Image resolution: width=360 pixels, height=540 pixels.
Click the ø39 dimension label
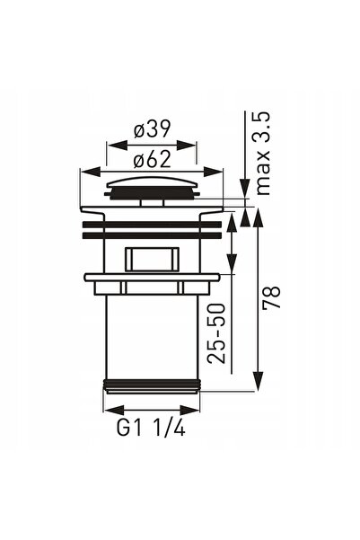152,129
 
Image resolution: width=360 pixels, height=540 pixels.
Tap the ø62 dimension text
152,159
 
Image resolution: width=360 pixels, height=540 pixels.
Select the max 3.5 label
263,154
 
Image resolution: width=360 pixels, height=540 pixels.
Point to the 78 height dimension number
271,297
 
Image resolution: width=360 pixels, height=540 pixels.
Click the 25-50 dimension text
216,333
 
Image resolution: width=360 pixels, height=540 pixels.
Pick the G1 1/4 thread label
151,429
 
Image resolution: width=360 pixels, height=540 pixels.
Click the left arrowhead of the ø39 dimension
117,145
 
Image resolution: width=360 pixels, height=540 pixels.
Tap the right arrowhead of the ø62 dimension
213,172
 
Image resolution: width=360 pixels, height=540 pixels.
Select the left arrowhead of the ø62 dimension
90,172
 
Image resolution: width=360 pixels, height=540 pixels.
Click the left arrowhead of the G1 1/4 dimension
114,410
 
